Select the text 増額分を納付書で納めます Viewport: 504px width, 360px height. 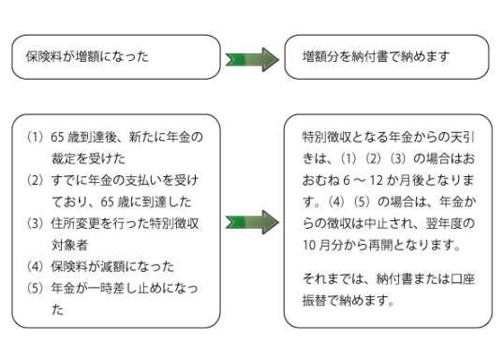click(378, 56)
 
